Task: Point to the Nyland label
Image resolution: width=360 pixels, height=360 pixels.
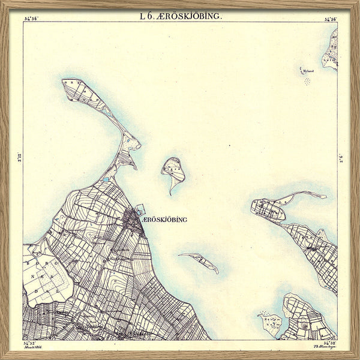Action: [x=308, y=70]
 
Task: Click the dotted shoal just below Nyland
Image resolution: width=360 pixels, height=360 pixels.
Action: [x=307, y=80]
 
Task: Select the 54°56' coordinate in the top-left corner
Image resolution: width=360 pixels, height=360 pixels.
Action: [x=31, y=19]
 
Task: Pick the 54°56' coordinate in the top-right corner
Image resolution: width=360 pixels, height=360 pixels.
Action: [x=330, y=19]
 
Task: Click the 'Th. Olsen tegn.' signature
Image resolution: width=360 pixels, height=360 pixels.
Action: [x=323, y=347]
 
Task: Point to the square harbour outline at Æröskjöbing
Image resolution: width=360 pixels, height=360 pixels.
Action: [x=140, y=209]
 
